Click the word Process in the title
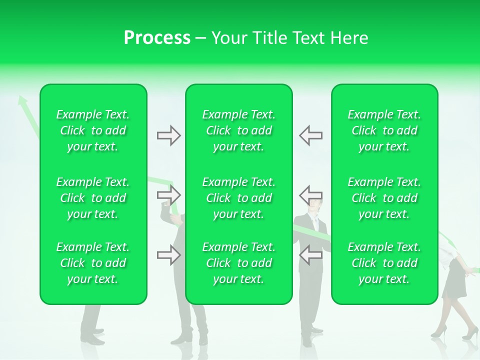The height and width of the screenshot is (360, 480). [157, 38]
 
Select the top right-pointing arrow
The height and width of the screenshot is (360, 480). [169, 135]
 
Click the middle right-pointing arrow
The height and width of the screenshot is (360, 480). [169, 194]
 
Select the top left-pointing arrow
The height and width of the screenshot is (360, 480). [310, 135]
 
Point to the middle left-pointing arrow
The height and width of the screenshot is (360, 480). [310, 194]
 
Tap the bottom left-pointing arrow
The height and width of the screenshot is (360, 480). [310, 255]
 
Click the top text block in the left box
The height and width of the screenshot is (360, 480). [93, 130]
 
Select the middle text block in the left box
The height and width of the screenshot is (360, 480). [93, 198]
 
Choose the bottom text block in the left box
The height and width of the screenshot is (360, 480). [93, 263]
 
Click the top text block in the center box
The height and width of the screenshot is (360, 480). [239, 130]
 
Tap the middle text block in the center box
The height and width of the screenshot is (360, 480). [239, 198]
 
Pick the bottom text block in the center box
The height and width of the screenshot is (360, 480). [239, 263]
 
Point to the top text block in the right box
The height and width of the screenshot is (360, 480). [384, 130]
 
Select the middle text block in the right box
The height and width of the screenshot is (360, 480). [384, 198]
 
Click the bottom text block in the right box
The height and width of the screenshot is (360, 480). [384, 263]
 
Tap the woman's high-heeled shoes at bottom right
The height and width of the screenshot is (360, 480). [455, 333]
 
